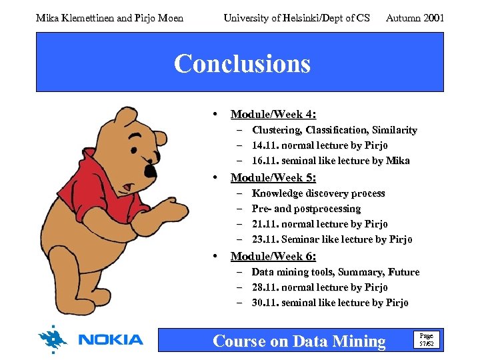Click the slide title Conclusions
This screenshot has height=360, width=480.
pos(242,64)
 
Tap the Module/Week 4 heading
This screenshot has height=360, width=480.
pos(273,114)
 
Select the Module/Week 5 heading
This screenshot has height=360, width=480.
pos(273,178)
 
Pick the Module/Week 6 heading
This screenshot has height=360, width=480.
pos(273,256)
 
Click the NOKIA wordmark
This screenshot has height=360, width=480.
pos(111,339)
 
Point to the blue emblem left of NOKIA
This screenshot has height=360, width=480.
pos(53,339)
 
